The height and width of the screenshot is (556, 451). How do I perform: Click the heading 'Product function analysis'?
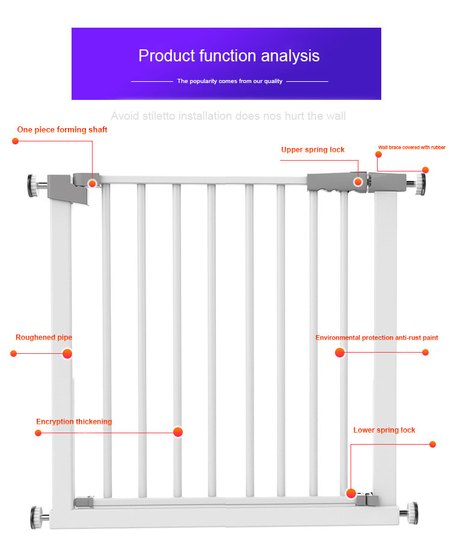(229, 56)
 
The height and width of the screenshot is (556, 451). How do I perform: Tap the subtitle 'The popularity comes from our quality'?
(229, 81)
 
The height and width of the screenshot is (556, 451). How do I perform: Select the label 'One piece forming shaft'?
(62, 129)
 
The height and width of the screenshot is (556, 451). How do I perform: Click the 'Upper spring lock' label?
(313, 149)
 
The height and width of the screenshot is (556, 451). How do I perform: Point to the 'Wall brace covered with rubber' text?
(411, 147)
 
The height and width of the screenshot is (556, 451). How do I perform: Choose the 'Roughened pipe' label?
(43, 338)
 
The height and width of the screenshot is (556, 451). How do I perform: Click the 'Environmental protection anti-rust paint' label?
(376, 338)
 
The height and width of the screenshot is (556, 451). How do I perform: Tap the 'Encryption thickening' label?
(74, 422)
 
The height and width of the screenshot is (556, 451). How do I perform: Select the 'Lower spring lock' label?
(384, 430)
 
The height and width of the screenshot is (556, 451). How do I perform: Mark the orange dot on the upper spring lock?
(358, 182)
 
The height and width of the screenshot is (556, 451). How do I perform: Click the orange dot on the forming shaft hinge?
(93, 183)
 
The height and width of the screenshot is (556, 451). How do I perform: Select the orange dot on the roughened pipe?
(67, 354)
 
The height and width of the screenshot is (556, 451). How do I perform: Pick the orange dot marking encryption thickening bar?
(177, 432)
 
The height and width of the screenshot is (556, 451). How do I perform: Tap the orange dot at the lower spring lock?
(351, 493)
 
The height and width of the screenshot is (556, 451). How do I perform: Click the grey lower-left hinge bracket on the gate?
(84, 501)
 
